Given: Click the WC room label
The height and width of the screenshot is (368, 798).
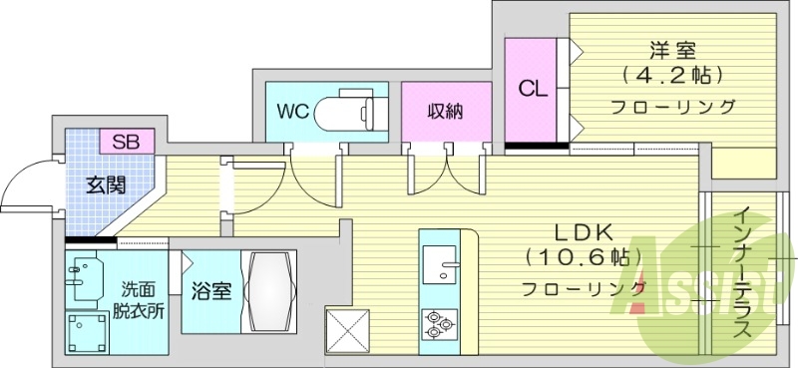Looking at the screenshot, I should (292, 109).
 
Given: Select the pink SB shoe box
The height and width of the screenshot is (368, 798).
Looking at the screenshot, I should (127, 141).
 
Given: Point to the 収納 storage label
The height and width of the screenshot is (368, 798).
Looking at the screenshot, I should (444, 111).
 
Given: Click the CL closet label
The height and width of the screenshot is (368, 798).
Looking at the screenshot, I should (532, 89).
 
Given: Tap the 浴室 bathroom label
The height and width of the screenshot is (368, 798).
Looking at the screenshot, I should (211, 291).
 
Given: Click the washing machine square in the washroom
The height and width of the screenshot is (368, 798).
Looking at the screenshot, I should (88, 332).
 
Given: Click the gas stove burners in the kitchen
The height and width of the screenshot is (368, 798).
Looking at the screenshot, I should (440, 322).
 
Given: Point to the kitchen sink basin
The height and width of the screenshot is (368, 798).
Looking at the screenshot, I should (439, 266).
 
